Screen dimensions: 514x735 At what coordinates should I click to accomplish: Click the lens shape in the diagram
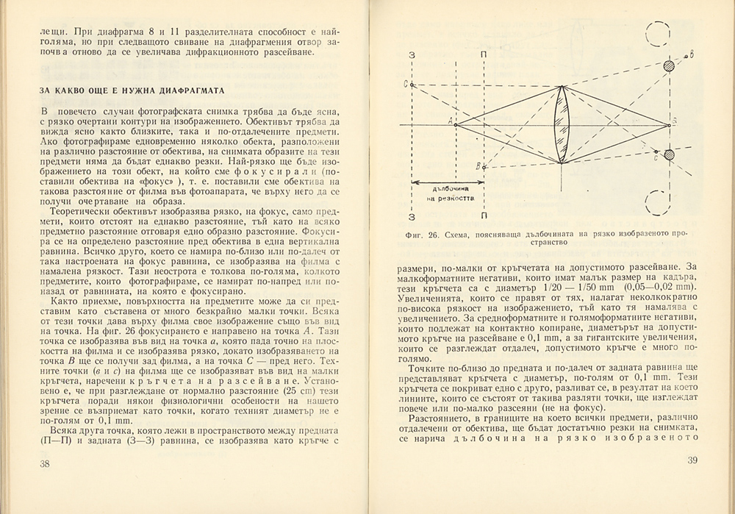561,124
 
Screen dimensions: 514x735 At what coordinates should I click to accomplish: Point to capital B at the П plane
478,166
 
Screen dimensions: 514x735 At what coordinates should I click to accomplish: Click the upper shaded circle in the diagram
669,67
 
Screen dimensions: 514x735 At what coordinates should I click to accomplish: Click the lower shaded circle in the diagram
669,154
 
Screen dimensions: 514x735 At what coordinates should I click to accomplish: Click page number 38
44,463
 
